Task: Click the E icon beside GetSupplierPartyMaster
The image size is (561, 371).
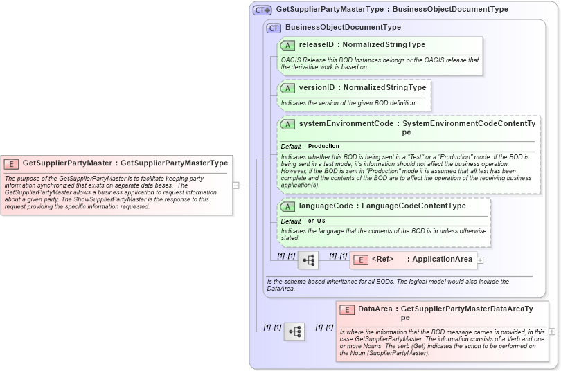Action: pyautogui.click(x=11, y=164)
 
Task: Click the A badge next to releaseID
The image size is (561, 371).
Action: pyautogui.click(x=288, y=45)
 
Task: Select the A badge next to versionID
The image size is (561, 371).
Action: pyautogui.click(x=288, y=89)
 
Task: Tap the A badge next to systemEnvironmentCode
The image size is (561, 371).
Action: pyautogui.click(x=288, y=124)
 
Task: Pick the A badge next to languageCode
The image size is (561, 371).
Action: pyautogui.click(x=288, y=206)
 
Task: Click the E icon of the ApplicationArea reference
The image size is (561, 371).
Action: pyautogui.click(x=361, y=260)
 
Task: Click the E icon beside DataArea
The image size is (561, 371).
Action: pyautogui.click(x=347, y=310)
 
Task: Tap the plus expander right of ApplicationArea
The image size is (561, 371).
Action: pyautogui.click(x=481, y=260)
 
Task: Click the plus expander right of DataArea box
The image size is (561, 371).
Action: pyautogui.click(x=552, y=332)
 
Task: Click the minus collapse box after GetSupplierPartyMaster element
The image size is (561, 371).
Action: pyautogui.click(x=236, y=185)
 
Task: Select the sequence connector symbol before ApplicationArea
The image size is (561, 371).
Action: pyautogui.click(x=309, y=260)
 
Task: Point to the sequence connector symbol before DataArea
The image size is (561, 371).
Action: pyautogui.click(x=294, y=332)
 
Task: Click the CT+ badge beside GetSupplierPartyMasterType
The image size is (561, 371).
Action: pyautogui.click(x=262, y=10)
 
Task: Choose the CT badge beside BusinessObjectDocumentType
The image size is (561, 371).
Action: pyautogui.click(x=274, y=28)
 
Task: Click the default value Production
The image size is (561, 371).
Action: pyautogui.click(x=323, y=147)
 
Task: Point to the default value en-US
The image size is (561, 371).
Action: pyautogui.click(x=317, y=221)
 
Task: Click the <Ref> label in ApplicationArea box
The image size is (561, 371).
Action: pyautogui.click(x=382, y=260)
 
